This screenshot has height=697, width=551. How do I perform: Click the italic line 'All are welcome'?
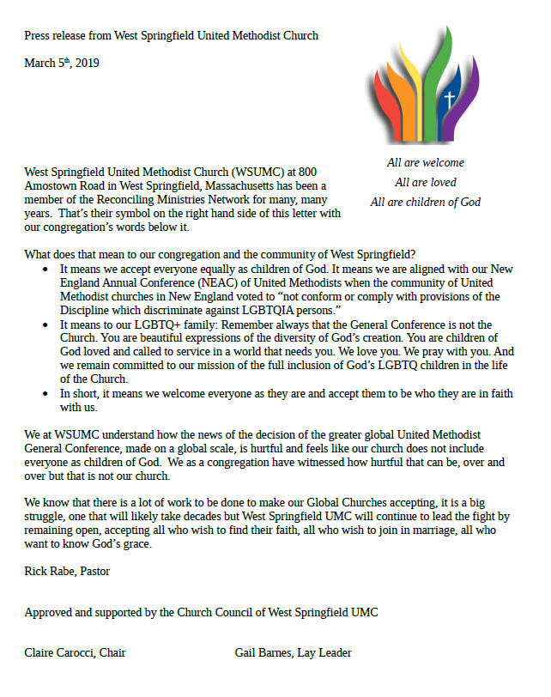point(426,162)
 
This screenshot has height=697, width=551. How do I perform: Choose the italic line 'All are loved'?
point(426,182)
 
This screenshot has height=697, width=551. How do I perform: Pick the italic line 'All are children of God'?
point(426,203)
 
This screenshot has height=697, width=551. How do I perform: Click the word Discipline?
point(88,309)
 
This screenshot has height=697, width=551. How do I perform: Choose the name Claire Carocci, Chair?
point(76,652)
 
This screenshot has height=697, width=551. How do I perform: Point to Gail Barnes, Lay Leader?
point(293,652)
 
